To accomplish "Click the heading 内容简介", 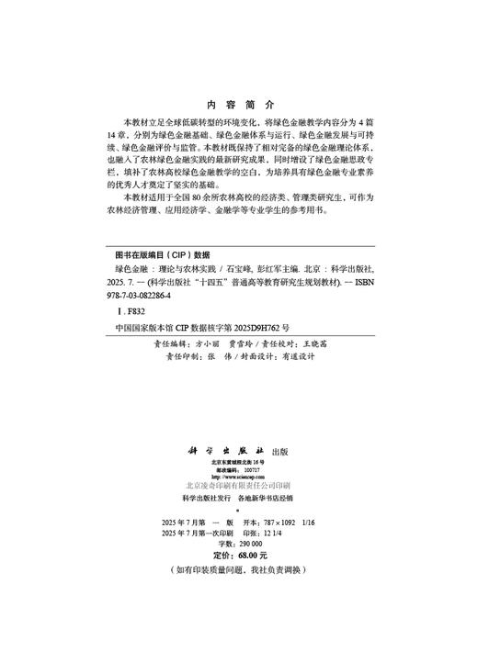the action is [236, 105].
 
